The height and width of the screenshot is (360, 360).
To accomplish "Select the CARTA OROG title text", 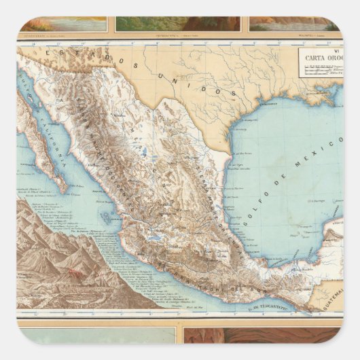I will [x=320, y=58].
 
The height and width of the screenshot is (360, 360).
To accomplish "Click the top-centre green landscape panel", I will [x=177, y=24].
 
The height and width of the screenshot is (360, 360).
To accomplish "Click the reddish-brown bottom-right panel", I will [x=261, y=336].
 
